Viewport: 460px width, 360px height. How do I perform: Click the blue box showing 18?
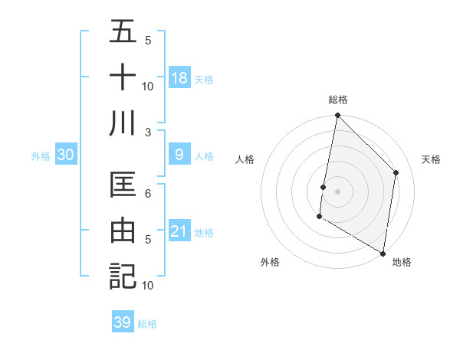[179, 77]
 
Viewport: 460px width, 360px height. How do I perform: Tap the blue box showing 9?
[179, 155]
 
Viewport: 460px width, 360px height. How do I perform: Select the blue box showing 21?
[179, 231]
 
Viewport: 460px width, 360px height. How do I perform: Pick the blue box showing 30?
[66, 155]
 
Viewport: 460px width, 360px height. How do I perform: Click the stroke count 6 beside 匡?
[148, 194]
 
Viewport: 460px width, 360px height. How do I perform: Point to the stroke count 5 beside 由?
[148, 240]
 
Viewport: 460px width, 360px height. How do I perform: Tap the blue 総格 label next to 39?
[147, 324]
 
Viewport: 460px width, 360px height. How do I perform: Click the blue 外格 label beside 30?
[41, 156]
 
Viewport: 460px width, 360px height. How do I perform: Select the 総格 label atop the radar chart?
[337, 100]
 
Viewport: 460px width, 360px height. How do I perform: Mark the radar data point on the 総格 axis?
[337, 116]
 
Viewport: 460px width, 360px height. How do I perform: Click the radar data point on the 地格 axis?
[383, 253]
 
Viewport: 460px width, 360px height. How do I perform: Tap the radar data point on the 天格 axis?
[396, 172]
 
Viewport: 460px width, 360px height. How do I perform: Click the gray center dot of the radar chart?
[337, 191]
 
